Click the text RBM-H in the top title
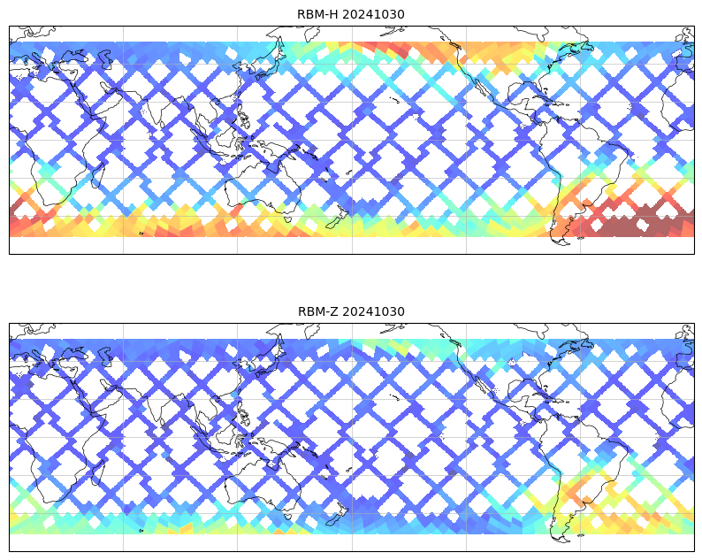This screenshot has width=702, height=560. (x=317, y=14)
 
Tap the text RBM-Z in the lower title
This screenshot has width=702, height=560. (x=317, y=311)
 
